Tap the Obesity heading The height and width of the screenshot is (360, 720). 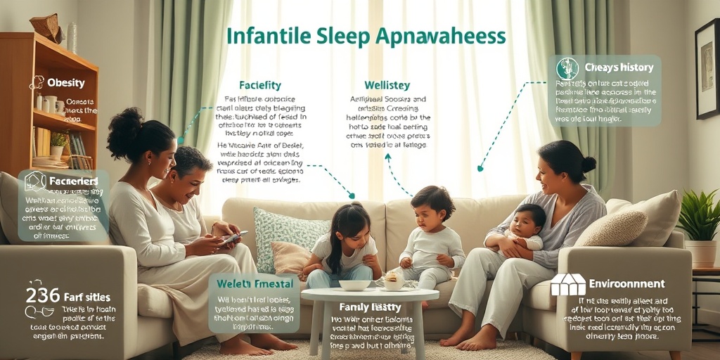pyautogui.click(x=65, y=83)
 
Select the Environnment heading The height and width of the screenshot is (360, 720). pyautogui.click(x=626, y=284)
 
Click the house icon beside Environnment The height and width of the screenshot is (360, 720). pyautogui.click(x=567, y=284)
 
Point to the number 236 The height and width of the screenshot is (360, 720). pyautogui.click(x=43, y=295)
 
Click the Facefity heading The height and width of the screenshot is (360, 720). pyautogui.click(x=259, y=86)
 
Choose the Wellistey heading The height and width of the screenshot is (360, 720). pyautogui.click(x=387, y=86)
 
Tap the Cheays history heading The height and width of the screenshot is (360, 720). pyautogui.click(x=619, y=67)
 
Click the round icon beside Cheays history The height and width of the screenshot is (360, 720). pyautogui.click(x=567, y=68)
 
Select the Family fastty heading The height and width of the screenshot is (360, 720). pyautogui.click(x=370, y=307)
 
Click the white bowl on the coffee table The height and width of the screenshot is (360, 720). pyautogui.click(x=355, y=285)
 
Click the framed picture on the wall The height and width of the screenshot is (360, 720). pyautogui.click(x=707, y=70)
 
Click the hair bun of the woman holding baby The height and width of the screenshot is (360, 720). pyautogui.click(x=588, y=164)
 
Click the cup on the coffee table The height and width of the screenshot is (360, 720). pyautogui.click(x=392, y=281)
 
